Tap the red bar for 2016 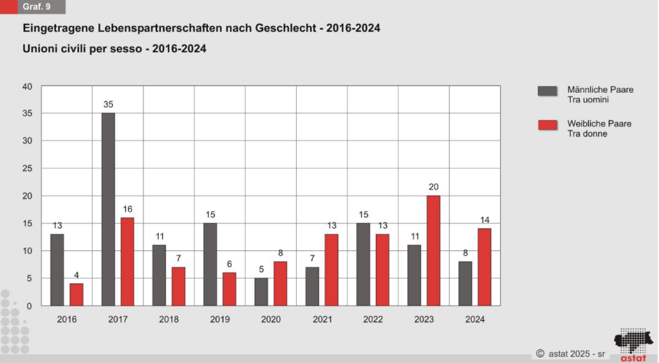coord(77,294)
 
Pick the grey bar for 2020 coord(261,292)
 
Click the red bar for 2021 coord(331,270)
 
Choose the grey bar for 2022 coord(364,264)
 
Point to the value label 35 coord(108,104)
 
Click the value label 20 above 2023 coord(434,187)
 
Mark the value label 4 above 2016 coord(77,275)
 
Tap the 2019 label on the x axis coord(220,319)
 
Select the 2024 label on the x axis coord(475,319)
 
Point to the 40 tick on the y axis coord(27,86)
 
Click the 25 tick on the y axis coord(27,169)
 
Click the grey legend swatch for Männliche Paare coord(548,90)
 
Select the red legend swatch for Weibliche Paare coord(548,124)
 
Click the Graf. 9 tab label coord(37,8)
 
